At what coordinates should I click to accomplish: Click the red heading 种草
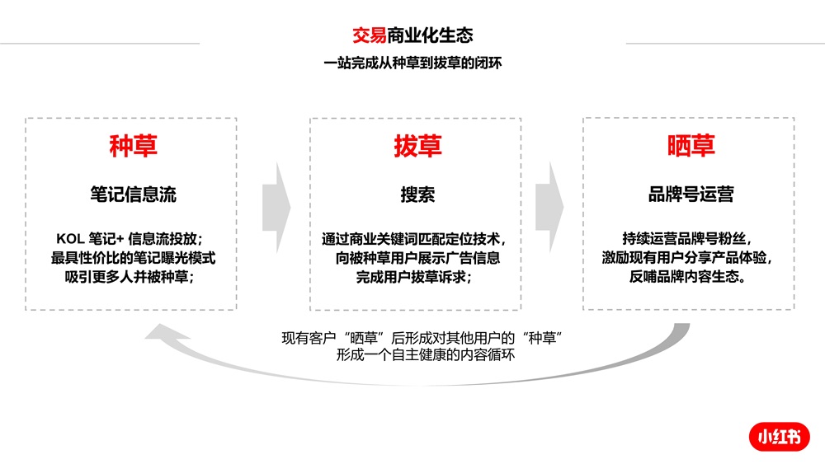[x=133, y=146]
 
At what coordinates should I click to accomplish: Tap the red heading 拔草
[x=417, y=146]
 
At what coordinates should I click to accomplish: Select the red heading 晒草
[x=691, y=146]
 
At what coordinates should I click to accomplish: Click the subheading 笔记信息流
[x=133, y=195]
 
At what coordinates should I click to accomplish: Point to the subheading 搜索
[x=417, y=195]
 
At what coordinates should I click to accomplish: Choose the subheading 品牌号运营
[x=691, y=194]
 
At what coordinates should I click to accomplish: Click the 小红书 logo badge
[x=780, y=437]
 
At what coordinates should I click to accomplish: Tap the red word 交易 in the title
[x=370, y=35]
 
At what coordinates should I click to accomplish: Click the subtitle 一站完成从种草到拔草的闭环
[x=412, y=63]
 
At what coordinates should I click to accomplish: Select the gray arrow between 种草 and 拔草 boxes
[x=276, y=208]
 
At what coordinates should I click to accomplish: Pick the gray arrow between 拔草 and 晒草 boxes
[x=549, y=207]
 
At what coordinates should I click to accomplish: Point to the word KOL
[x=70, y=239]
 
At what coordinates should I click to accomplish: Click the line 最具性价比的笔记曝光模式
[x=133, y=258]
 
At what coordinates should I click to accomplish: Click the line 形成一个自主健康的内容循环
[x=425, y=354]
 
